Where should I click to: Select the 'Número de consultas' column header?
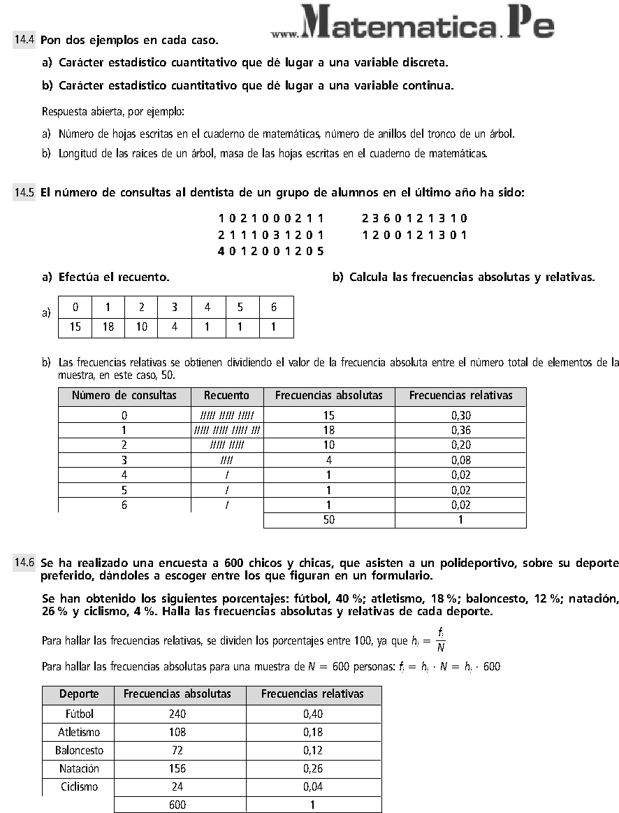tap(124, 396)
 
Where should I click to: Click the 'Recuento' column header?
tap(227, 396)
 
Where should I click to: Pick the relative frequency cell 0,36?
tap(460, 430)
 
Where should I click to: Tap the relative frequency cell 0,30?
tap(460, 415)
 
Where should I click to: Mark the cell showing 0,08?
tap(460, 460)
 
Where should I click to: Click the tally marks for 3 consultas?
tap(227, 460)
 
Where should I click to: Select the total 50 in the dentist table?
tap(328, 519)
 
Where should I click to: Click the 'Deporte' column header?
tap(78, 694)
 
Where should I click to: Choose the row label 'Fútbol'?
tap(79, 714)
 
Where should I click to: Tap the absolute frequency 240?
tap(177, 714)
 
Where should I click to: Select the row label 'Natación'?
tap(79, 768)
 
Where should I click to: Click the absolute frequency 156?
tap(177, 768)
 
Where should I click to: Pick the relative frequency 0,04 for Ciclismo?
tap(313, 786)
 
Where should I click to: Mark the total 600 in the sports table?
tap(177, 805)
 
